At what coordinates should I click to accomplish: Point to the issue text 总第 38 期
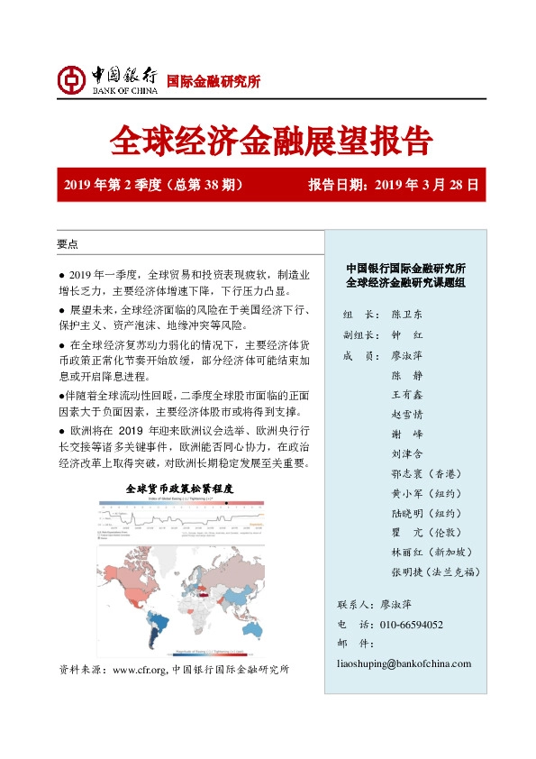(x=204, y=186)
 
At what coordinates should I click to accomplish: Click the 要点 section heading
(x=68, y=244)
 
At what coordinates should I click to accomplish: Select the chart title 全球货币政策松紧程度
(x=181, y=487)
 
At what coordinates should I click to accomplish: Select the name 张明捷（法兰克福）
(x=435, y=572)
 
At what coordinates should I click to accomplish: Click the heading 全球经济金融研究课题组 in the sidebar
(x=406, y=283)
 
